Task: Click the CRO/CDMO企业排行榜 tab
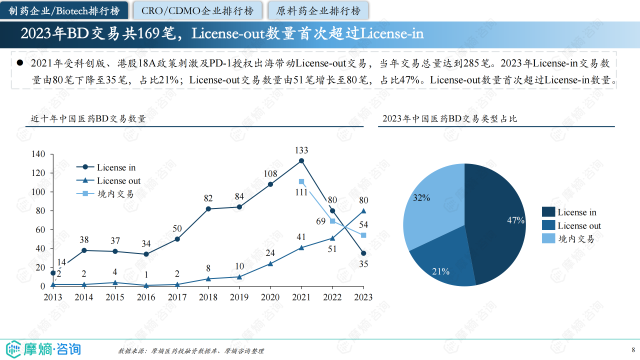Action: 197,10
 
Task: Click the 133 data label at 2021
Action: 301,150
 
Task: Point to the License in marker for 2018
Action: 208,208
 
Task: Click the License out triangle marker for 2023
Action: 363,211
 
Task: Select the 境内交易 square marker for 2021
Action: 301,181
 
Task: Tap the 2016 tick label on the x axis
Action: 146,297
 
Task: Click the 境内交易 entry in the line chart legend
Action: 115,194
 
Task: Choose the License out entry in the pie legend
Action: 579,226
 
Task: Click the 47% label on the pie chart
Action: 515,220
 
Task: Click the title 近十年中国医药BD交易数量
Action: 88,119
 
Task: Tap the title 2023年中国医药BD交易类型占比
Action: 449,119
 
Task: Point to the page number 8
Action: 633,349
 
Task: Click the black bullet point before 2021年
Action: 20,63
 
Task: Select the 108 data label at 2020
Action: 270,173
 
